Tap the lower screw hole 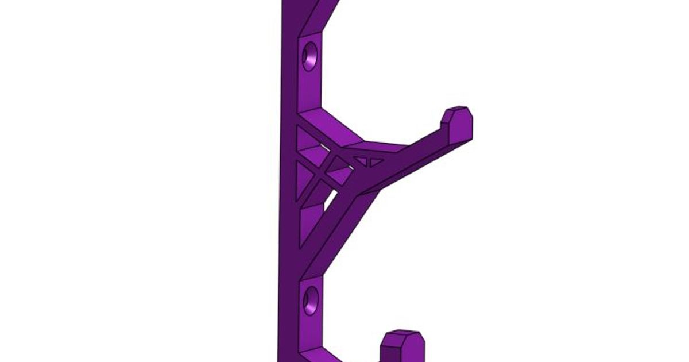click(311, 301)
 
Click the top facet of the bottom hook click(404, 335)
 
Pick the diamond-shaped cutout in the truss click(338, 169)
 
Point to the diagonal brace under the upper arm click(339, 230)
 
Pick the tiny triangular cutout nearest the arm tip click(376, 163)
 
